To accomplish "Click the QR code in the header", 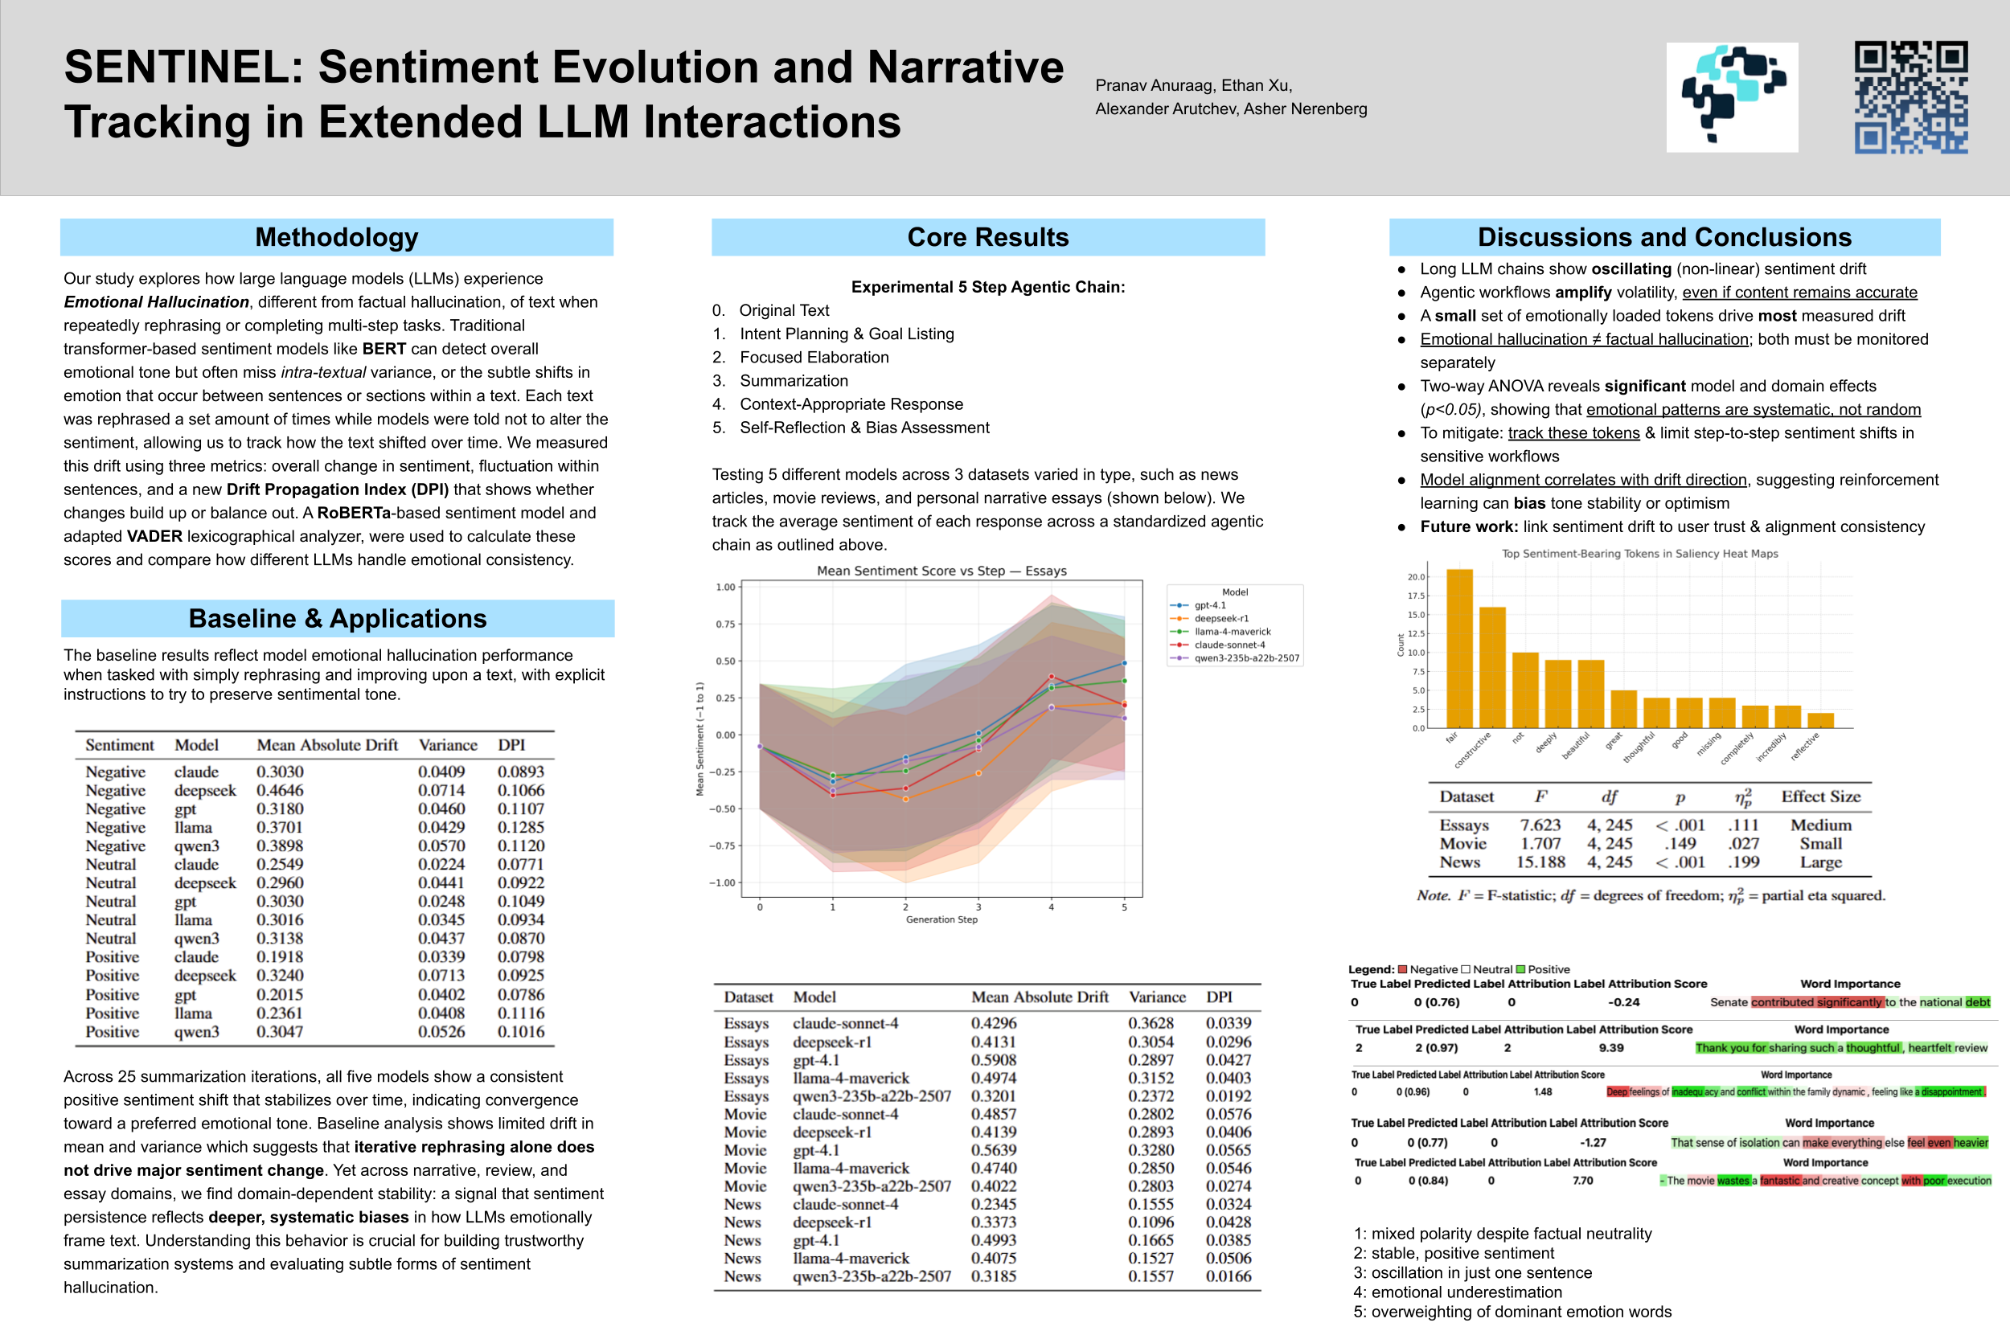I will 1910,96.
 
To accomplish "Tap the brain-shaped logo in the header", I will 1732,97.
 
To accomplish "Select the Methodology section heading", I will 337,237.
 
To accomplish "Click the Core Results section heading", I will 987,237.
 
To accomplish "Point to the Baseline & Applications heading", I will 338,618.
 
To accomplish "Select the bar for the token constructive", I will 1491,667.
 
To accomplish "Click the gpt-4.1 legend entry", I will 1208,605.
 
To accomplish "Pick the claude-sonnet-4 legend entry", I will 1229,645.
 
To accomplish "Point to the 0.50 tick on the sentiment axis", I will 725,661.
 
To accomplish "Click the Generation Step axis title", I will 941,919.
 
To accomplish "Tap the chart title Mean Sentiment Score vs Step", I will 941,571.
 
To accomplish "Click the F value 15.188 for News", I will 1540,862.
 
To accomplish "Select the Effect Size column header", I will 1820,796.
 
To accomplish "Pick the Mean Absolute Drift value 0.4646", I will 280,791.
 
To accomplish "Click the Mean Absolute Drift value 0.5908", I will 994,1060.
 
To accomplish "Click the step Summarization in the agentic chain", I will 794,381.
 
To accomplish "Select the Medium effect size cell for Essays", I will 1820,825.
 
